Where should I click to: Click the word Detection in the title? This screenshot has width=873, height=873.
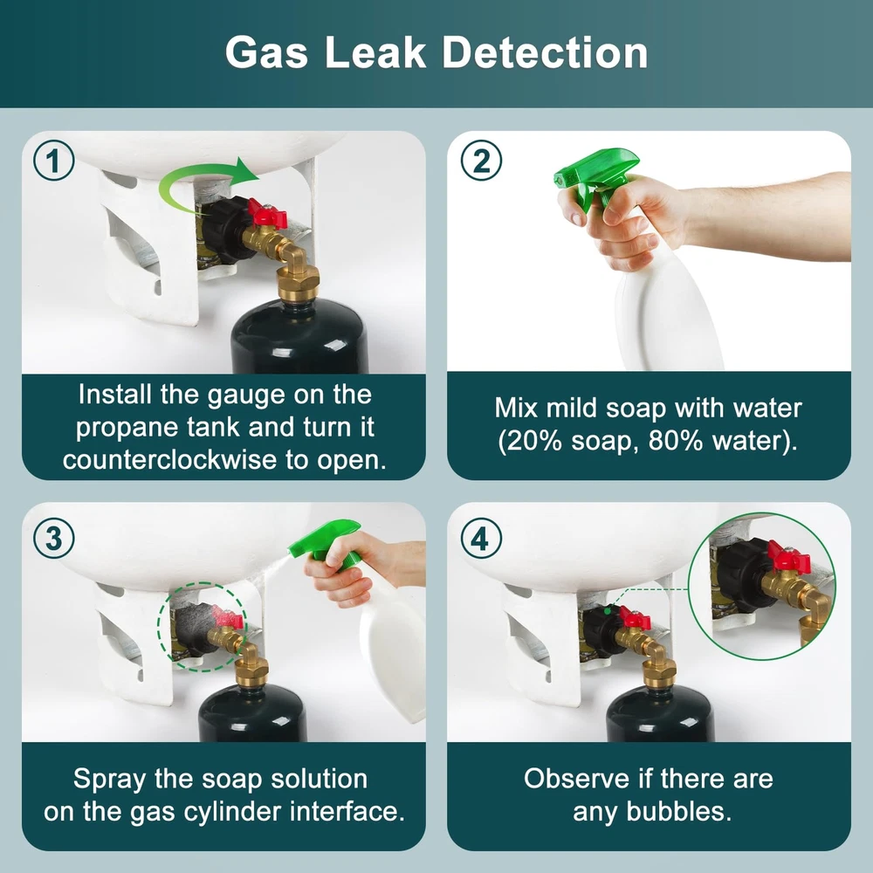point(545,53)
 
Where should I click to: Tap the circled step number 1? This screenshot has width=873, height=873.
point(53,161)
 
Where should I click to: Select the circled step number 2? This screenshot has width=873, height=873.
point(481,161)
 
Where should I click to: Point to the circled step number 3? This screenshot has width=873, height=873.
point(53,539)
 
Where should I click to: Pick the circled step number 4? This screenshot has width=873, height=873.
point(481,539)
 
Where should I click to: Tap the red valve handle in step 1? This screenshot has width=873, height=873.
point(266,215)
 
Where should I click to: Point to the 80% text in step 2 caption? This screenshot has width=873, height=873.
point(676,441)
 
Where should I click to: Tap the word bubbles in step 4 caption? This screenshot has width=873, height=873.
point(678,811)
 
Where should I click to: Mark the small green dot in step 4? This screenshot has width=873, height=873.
point(607,611)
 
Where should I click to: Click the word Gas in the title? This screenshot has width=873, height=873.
point(266,53)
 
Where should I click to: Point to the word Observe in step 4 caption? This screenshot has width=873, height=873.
point(575,779)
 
